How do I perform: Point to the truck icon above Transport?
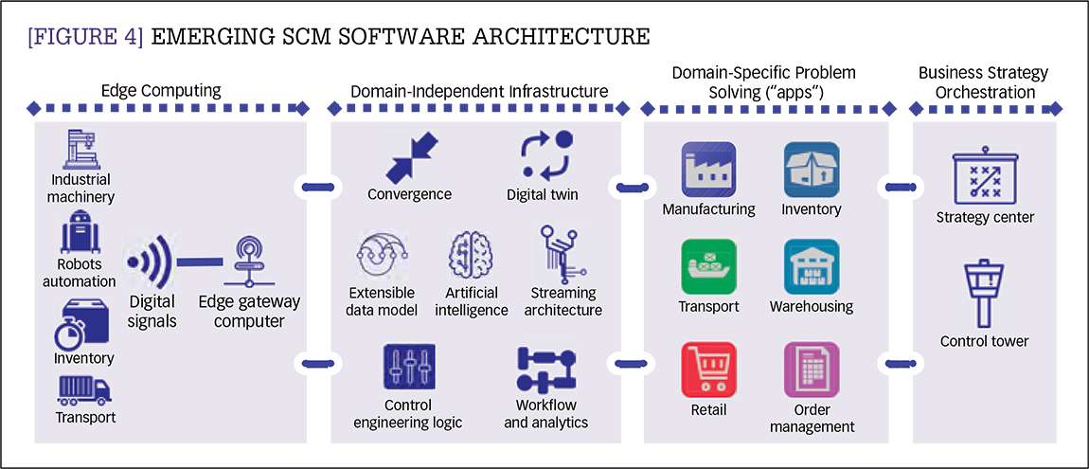pyautogui.click(x=84, y=389)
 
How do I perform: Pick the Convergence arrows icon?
pyautogui.click(x=409, y=158)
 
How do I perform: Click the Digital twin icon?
pyautogui.click(x=546, y=155)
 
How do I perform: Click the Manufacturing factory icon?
pyautogui.click(x=708, y=170)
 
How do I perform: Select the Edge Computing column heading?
pyautogui.click(x=161, y=92)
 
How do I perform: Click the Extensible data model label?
pyautogui.click(x=384, y=301)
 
